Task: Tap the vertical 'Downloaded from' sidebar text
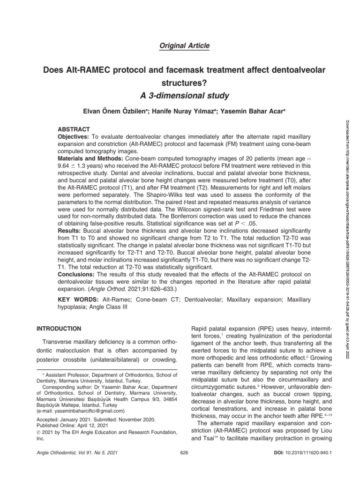pos(348,187)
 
